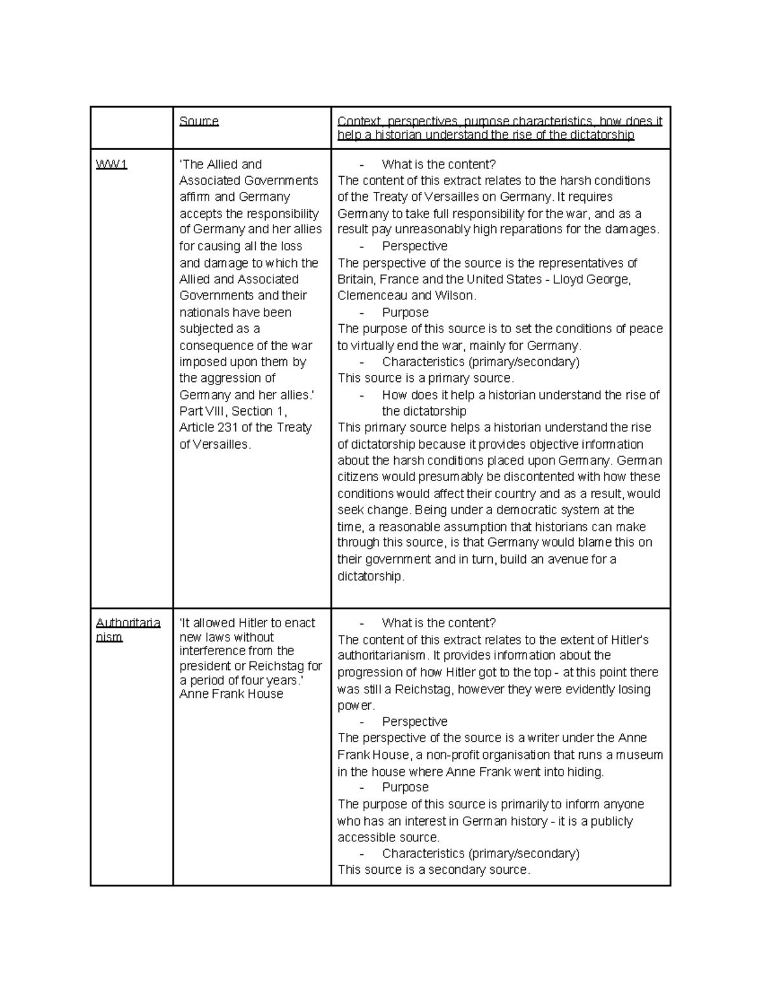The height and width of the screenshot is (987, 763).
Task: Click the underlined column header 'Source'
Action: [x=199, y=121]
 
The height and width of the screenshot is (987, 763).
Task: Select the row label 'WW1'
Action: [x=112, y=165]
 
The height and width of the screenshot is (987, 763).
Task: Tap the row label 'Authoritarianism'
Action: [x=128, y=629]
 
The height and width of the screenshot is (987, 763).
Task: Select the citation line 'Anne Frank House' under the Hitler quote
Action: [x=231, y=694]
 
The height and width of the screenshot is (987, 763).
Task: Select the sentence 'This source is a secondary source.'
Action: [x=434, y=870]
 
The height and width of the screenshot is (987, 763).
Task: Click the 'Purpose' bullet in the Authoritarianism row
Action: [x=405, y=787]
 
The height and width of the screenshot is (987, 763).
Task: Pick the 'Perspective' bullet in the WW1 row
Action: [x=415, y=246]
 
